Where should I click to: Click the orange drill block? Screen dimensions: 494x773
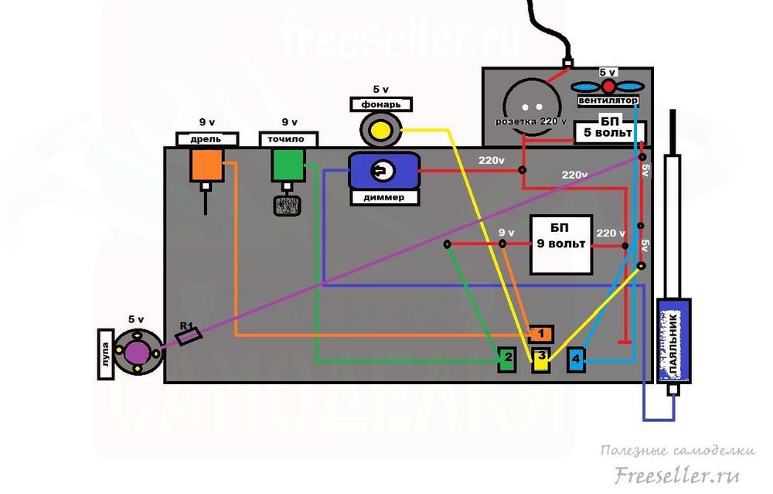coord(207,165)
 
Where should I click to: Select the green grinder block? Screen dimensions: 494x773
coord(287,165)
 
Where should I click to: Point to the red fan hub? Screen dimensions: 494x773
coord(608,86)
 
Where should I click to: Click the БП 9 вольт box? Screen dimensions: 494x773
coord(561,244)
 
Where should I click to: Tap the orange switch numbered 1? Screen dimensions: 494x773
coord(541,334)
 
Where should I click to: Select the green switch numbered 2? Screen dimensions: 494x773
coord(507,358)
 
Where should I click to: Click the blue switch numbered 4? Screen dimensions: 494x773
coord(577,359)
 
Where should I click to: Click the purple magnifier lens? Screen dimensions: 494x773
coord(138,352)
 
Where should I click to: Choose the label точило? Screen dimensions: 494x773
coord(287,139)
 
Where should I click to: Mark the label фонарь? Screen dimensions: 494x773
coord(380,103)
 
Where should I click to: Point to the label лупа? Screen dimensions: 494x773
coord(106,353)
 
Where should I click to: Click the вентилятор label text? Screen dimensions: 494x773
coord(608,101)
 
